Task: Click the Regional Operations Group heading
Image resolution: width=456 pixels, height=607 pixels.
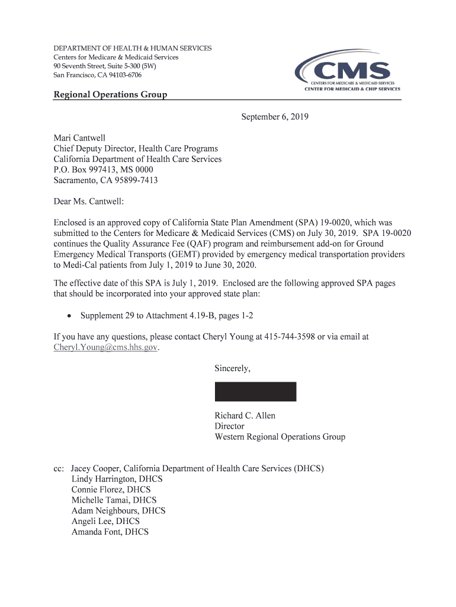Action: point(110,95)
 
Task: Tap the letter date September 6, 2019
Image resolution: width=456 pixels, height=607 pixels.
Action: point(274,117)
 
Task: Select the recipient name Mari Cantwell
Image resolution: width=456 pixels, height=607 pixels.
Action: point(79,138)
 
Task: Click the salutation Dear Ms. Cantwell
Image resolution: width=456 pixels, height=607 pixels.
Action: point(89,202)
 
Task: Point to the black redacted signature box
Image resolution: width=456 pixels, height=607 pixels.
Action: point(255,392)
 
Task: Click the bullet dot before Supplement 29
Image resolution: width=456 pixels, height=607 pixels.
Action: point(70,316)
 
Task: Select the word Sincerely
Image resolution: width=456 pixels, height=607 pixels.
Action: point(232,369)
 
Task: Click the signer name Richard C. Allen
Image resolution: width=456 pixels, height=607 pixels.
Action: point(245,416)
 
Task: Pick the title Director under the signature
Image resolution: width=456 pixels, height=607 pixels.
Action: point(229,426)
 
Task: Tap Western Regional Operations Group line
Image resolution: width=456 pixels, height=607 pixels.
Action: point(280,437)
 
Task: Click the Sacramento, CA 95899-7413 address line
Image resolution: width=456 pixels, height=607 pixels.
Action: point(105,180)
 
